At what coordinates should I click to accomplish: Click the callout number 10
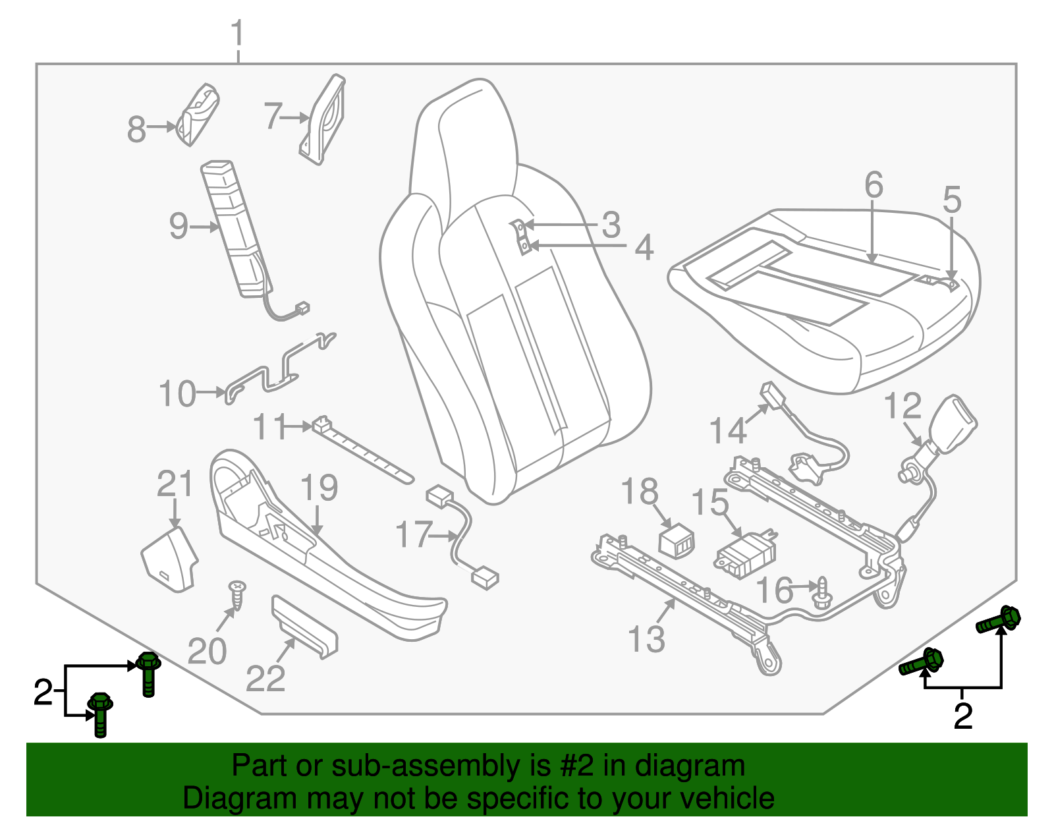pos(178,394)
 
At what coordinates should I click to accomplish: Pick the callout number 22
pos(265,679)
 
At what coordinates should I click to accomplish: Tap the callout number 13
pos(646,639)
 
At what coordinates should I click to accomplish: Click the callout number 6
pos(874,185)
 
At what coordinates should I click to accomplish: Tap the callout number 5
pos(952,199)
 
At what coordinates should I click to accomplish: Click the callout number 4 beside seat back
pos(644,248)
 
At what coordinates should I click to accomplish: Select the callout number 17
pos(414,534)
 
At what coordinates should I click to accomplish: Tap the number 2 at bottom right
pos(962,716)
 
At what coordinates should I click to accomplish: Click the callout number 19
pos(319,488)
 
